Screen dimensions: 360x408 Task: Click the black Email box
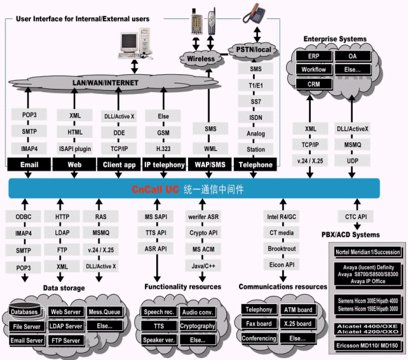click(29, 165)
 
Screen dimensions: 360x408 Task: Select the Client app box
click(119, 165)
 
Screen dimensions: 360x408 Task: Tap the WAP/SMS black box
click(210, 165)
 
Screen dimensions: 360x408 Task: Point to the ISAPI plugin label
click(74, 149)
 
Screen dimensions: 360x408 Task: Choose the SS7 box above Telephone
click(256, 101)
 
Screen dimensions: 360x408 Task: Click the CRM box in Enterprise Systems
click(313, 84)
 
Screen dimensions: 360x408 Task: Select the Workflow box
click(313, 69)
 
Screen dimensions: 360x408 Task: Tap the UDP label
click(353, 161)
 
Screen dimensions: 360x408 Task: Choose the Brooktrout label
click(281, 250)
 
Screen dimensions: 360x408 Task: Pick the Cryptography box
click(197, 326)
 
